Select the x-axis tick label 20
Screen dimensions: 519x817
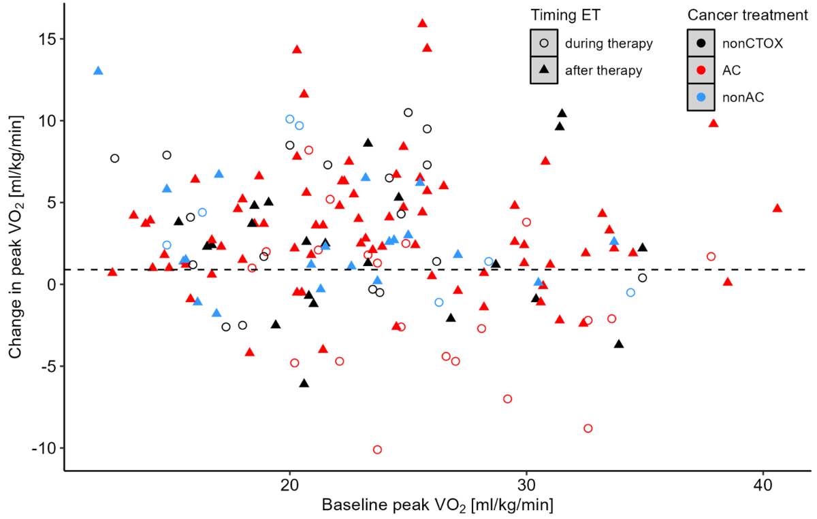click(290, 488)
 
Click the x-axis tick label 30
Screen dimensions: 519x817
click(526, 488)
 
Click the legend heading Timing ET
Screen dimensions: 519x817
click(566, 15)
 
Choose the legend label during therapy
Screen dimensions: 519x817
click(609, 44)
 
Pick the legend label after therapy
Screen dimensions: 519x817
click(603, 70)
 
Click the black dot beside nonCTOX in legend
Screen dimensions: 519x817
click(701, 44)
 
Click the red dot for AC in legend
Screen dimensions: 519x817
click(701, 70)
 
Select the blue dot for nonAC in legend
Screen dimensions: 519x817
click(701, 97)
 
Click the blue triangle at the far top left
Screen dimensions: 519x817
click(98, 71)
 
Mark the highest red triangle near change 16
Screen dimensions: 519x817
click(422, 23)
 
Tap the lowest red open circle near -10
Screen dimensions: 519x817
click(377, 450)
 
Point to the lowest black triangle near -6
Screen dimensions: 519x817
click(304, 384)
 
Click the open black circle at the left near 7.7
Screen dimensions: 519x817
click(114, 158)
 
